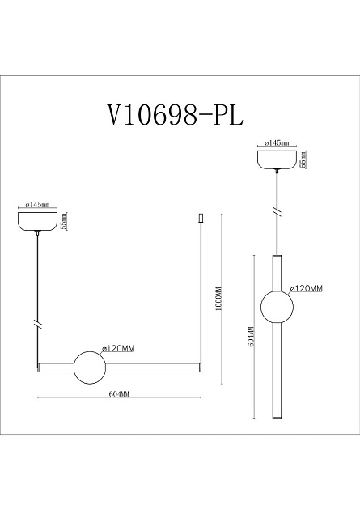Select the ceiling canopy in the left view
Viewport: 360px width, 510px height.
(x=39, y=220)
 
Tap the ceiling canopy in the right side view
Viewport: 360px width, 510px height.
(x=278, y=158)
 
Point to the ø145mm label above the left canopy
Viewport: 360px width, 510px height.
(x=38, y=205)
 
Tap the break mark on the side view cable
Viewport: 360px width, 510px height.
(x=278, y=212)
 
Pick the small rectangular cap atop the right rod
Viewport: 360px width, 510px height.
(x=201, y=219)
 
